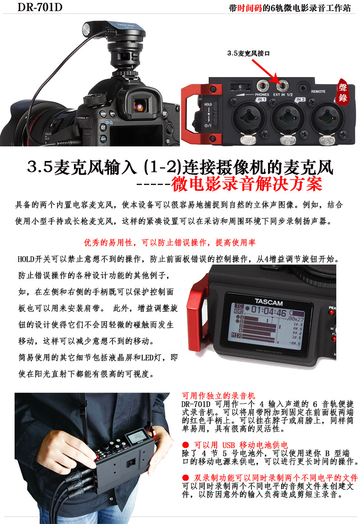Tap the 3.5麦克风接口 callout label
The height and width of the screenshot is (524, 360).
click(248, 53)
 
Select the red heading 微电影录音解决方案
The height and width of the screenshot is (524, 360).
click(247, 184)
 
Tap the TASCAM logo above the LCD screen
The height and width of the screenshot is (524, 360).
click(269, 301)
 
